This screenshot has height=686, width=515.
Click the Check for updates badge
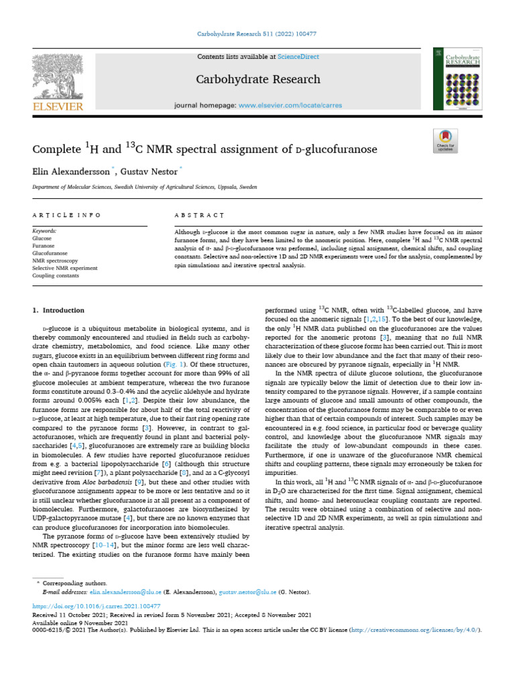pos(445,142)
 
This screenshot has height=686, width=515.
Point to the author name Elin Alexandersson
pos(71,171)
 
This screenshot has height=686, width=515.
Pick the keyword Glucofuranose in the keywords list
pos(50,254)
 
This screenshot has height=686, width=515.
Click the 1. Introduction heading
pos(58,311)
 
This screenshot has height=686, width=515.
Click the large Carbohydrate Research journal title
pos(257,80)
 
